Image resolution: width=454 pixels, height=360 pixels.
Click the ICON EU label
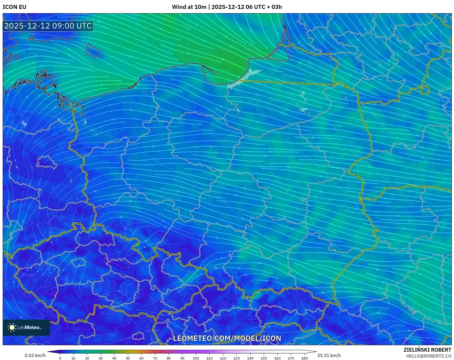click(x=15, y=7)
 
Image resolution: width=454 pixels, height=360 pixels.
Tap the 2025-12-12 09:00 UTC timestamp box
click(x=48, y=26)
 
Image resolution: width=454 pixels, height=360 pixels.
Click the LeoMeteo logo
click(x=26, y=327)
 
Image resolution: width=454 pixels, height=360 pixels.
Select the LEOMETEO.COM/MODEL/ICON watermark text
click(x=227, y=338)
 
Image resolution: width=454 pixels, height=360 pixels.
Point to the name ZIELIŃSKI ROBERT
click(x=427, y=350)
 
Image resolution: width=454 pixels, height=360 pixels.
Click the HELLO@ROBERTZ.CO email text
click(x=428, y=356)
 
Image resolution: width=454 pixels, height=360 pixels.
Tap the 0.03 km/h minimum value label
click(x=35, y=355)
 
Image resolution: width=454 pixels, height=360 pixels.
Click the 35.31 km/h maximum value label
click(x=329, y=355)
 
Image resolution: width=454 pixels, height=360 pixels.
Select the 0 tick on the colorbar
click(x=60, y=358)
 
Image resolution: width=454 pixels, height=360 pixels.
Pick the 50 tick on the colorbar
click(x=128, y=358)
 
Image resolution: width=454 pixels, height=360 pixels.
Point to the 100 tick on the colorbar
click(x=196, y=358)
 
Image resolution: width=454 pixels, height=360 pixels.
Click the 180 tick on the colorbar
click(x=304, y=358)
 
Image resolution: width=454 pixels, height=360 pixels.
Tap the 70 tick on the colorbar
click(x=155, y=358)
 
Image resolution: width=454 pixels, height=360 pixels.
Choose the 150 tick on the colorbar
click(x=264, y=358)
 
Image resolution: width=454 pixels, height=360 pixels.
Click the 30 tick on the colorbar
click(x=101, y=358)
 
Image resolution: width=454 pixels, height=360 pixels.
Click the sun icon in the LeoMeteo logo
click(x=12, y=327)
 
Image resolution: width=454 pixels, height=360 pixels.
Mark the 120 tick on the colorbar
click(x=223, y=358)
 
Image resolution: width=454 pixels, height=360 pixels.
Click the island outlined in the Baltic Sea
click(x=93, y=50)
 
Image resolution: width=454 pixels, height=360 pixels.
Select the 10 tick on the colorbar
click(x=73, y=358)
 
